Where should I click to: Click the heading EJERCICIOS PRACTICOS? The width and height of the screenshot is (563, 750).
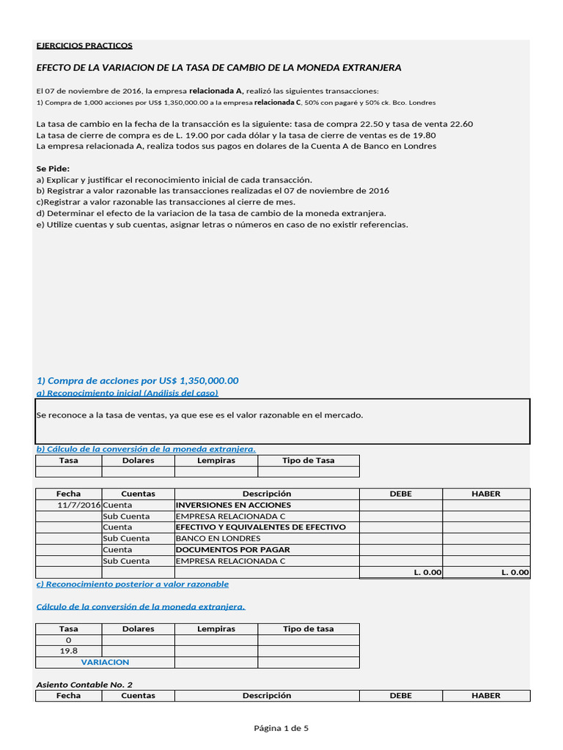coord(84,45)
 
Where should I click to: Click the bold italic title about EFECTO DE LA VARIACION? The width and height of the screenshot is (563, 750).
coord(218,67)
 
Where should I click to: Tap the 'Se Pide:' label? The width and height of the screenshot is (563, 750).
coord(53,168)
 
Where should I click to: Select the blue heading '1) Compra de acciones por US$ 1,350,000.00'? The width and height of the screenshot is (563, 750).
coord(137,381)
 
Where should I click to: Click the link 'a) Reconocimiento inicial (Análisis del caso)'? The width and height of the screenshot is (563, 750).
coord(127,393)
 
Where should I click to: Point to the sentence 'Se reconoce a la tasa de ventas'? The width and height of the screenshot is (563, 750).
coord(199,415)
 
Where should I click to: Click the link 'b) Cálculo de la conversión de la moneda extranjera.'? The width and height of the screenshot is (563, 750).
coord(146,449)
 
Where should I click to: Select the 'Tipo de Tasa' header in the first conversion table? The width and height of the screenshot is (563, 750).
coord(308,461)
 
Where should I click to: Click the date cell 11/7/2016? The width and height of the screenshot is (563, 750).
coord(79,505)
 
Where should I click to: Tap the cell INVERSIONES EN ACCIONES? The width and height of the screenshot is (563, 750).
coord(233,505)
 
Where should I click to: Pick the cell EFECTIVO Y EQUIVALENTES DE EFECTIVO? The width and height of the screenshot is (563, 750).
coord(260,527)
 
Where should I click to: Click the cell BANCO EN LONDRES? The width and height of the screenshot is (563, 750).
coord(218,538)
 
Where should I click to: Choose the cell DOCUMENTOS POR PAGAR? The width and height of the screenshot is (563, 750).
coord(232,549)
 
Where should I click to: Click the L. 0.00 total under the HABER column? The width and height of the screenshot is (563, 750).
coord(515,573)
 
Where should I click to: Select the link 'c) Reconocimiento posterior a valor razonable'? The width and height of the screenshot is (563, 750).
coord(132,584)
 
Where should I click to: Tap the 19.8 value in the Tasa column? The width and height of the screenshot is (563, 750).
coord(68,650)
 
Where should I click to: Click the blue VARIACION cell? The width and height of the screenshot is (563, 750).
coord(105,662)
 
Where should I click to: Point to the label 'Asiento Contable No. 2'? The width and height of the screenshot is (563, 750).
coord(84,685)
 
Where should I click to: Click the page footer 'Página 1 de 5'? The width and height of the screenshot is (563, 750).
coord(281,728)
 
